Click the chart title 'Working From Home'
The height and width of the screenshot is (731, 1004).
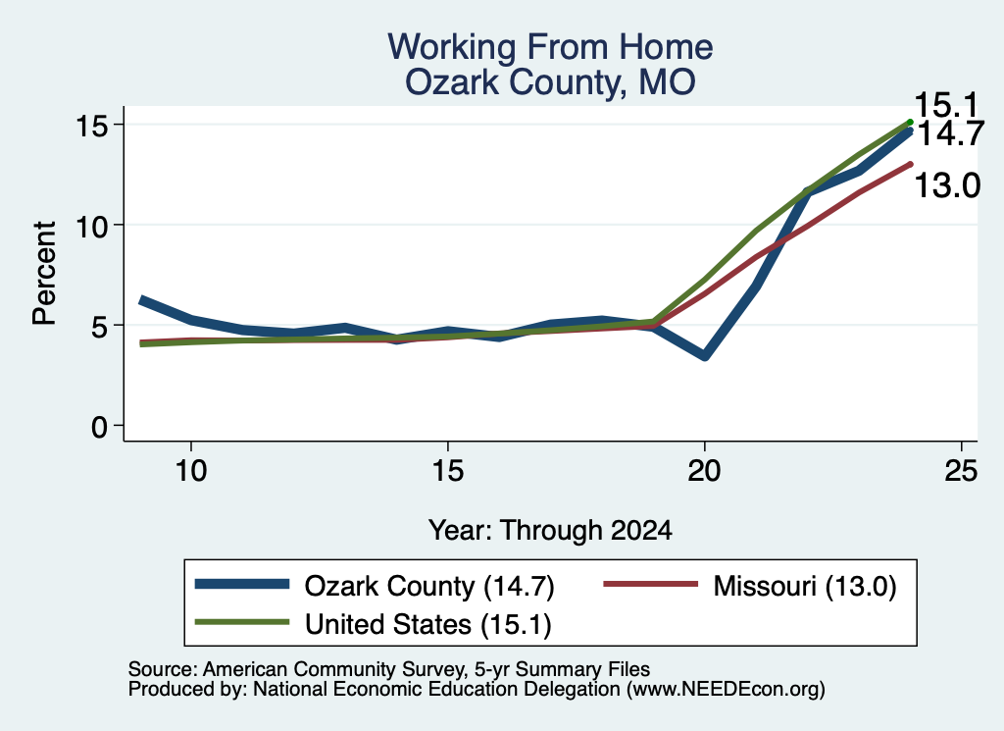click(x=550, y=47)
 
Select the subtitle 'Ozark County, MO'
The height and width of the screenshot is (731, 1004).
click(x=550, y=82)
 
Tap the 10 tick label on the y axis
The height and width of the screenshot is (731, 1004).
click(x=91, y=226)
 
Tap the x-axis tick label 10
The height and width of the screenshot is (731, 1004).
click(x=191, y=471)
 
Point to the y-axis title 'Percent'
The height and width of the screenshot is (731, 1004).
click(x=44, y=274)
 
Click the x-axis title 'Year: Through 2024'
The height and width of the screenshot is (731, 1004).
click(x=550, y=531)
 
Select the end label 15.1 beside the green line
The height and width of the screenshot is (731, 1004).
click(x=946, y=105)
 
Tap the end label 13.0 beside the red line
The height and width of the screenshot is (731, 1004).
click(x=947, y=185)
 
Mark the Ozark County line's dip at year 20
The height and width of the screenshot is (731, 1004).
click(x=704, y=355)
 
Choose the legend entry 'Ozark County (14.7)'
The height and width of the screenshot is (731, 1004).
click(x=375, y=586)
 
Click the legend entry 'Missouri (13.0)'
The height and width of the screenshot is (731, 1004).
click(x=750, y=586)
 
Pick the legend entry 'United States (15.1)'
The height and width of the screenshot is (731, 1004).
click(x=374, y=624)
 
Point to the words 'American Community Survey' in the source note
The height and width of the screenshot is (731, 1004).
click(x=334, y=669)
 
